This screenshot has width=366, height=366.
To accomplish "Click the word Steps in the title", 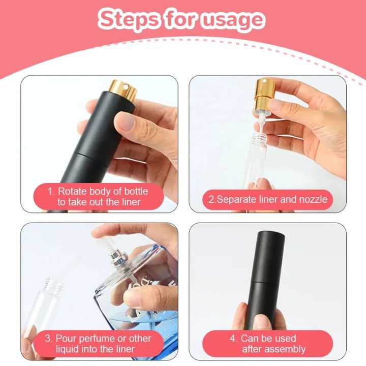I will point(129,20).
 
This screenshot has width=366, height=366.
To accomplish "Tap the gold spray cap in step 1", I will point(124,89).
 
